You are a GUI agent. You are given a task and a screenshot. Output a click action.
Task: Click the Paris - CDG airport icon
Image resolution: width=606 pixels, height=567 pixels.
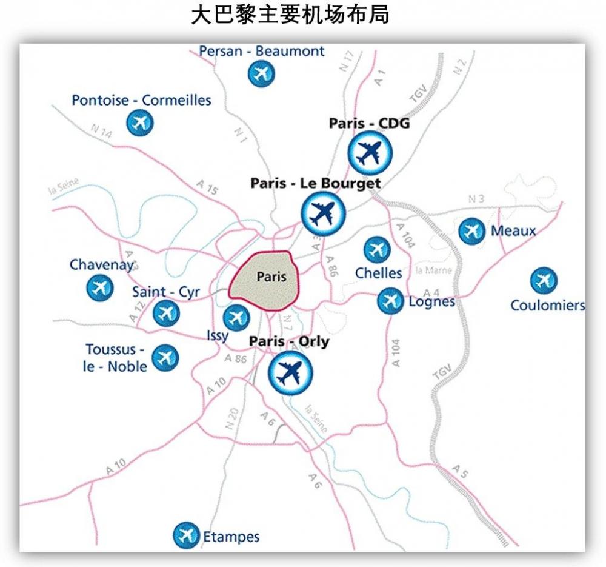[370, 153]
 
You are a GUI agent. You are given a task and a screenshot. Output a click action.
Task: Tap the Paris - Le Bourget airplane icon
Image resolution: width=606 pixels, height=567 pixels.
[323, 214]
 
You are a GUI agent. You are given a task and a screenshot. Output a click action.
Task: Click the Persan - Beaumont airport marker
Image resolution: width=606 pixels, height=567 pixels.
[262, 74]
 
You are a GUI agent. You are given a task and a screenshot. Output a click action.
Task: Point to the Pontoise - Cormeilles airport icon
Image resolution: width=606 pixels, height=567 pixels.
[140, 123]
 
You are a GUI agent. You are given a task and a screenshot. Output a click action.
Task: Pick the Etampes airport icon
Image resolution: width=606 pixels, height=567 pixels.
[186, 535]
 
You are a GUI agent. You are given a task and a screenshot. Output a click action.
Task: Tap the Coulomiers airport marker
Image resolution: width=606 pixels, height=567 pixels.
[544, 281]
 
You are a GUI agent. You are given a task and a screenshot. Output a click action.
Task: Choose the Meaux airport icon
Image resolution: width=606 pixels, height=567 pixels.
[471, 231]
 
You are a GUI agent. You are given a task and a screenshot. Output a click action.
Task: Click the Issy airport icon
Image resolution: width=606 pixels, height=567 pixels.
[236, 317]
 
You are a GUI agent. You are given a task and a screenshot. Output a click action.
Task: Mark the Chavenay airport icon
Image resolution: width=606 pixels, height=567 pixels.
[100, 287]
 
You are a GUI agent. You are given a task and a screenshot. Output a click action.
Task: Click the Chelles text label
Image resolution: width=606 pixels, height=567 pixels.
[378, 273]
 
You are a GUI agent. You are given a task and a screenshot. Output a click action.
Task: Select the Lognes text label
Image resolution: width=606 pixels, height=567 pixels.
[432, 301]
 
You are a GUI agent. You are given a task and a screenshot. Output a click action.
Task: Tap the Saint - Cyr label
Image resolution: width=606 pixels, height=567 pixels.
[166, 292]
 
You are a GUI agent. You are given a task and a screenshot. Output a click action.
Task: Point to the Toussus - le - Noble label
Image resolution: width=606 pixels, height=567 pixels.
[115, 358]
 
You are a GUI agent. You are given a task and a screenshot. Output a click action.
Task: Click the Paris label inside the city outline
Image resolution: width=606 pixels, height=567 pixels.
[271, 277]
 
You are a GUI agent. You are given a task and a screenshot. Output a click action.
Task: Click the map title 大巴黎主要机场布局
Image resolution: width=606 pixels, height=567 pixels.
[290, 15]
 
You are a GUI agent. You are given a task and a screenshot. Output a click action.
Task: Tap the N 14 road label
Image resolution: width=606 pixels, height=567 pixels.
[101, 132]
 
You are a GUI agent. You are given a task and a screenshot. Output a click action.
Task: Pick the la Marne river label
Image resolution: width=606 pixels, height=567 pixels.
[434, 270]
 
